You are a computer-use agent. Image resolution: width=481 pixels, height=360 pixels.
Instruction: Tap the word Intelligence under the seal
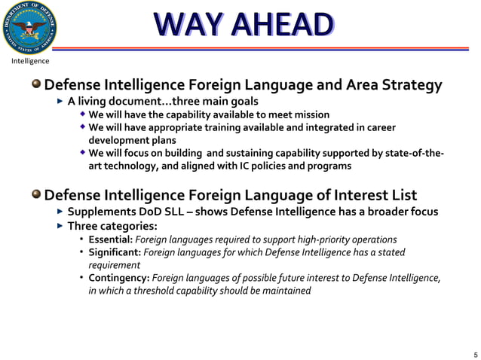pos(30,61)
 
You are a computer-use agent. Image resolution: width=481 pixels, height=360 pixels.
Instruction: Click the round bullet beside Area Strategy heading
pos(36,85)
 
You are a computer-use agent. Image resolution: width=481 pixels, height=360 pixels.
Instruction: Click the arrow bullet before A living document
pos(61,101)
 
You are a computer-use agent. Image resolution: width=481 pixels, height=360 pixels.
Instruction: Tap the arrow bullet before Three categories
pos(61,226)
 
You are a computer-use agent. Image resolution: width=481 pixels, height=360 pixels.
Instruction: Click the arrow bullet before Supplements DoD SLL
pos(61,212)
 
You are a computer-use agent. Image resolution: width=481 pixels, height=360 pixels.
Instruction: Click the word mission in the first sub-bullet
pos(311,114)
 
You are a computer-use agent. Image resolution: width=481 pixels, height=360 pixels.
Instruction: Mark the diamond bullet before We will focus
pos(83,153)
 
